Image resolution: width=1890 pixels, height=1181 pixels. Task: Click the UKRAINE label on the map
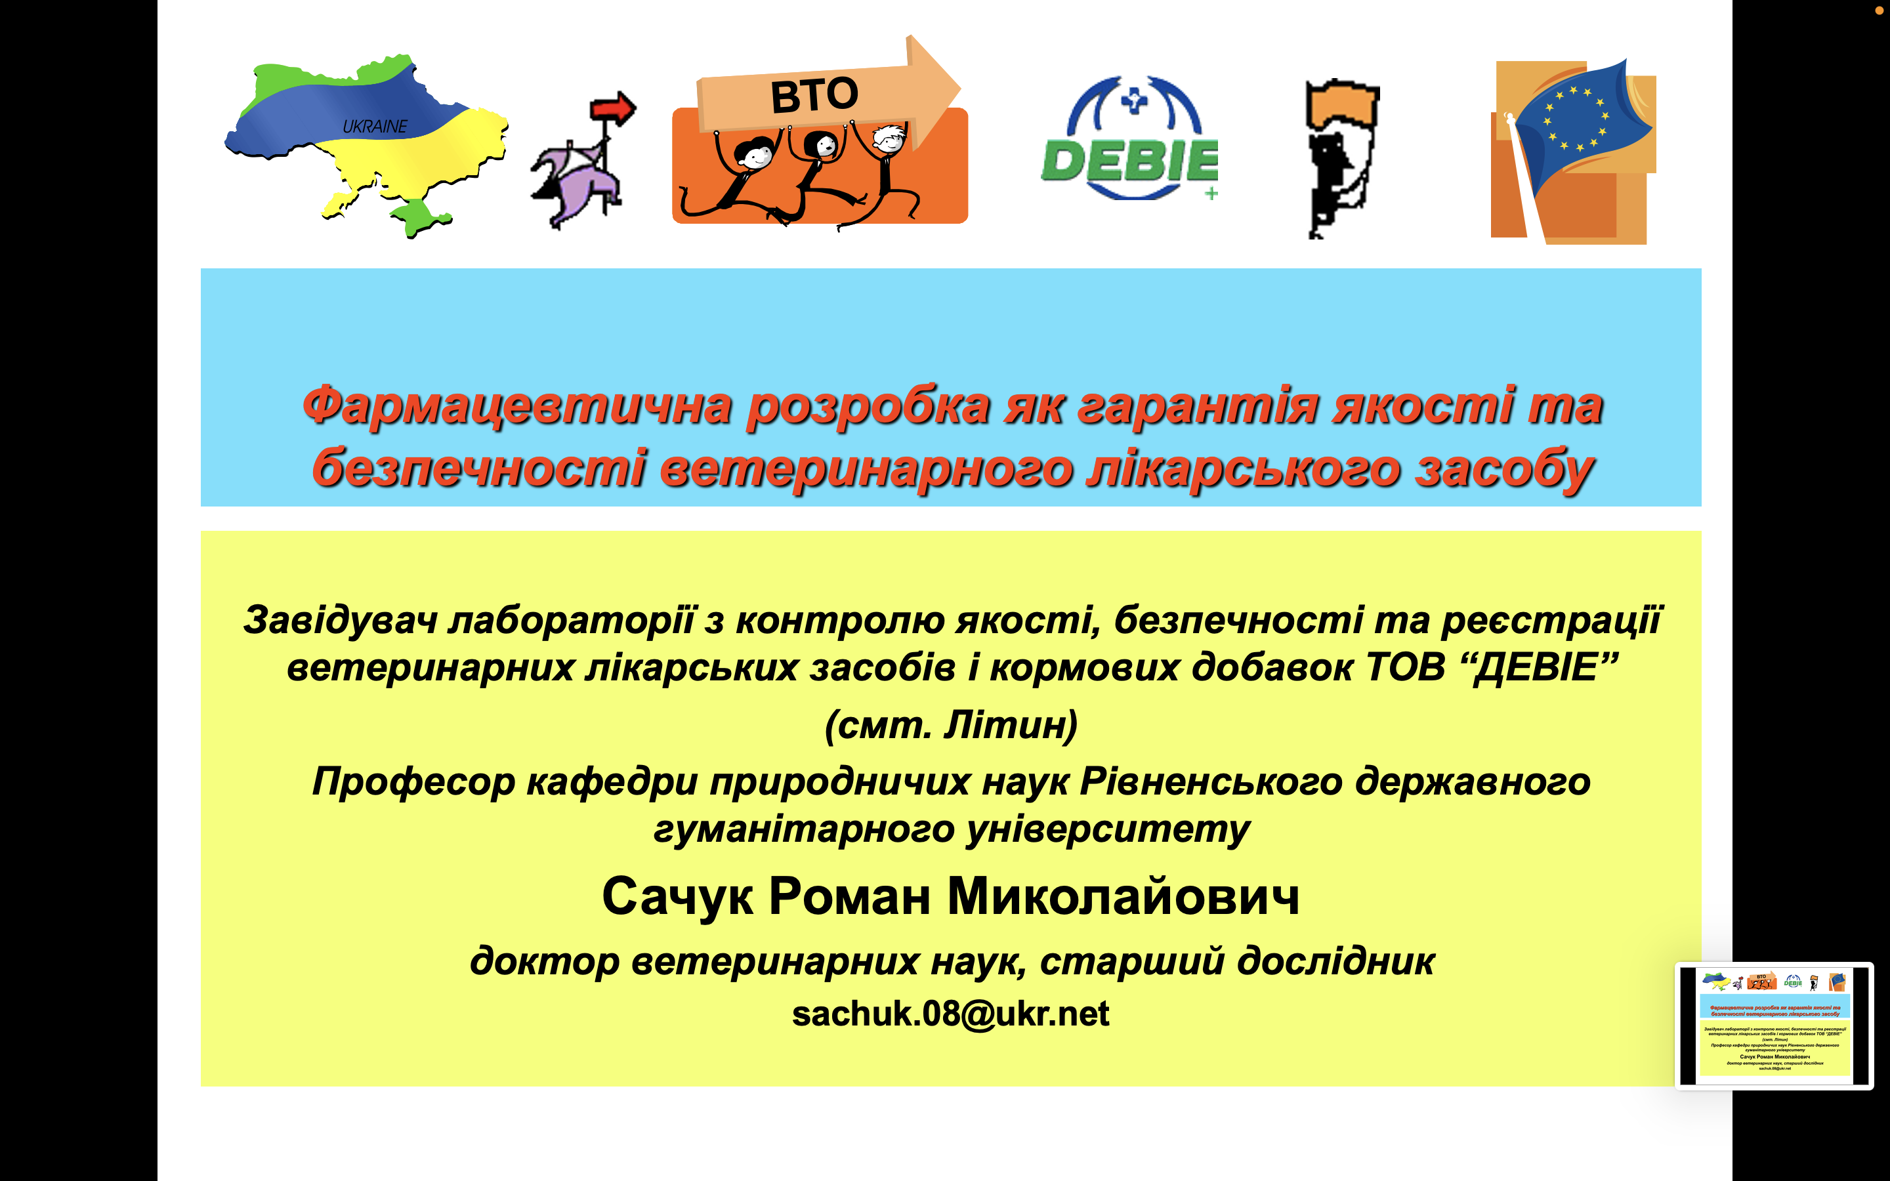point(375,127)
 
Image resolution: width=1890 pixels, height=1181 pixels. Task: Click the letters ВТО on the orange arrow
point(814,95)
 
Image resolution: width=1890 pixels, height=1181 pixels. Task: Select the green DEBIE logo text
point(1129,161)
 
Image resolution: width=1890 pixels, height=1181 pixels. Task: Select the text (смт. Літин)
point(952,725)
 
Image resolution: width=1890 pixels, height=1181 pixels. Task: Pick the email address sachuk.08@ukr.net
point(950,1014)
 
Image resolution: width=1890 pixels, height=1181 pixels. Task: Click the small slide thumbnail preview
point(1774,1026)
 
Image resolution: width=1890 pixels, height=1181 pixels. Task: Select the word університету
point(1108,829)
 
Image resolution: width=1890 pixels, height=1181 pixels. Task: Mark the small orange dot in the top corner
point(1879,10)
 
